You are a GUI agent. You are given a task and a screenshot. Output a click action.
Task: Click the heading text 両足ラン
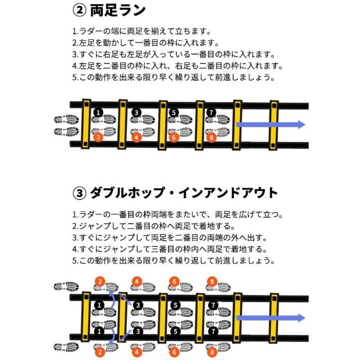click(118, 11)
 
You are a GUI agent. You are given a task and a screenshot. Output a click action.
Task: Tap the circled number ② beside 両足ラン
click(79, 11)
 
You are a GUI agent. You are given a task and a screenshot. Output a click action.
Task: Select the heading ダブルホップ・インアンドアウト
click(184, 193)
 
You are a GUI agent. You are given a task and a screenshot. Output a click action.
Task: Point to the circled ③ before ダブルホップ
click(79, 193)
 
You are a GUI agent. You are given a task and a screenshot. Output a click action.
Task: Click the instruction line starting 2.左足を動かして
click(146, 43)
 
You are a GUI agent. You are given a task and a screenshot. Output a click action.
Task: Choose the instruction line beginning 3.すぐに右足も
click(174, 54)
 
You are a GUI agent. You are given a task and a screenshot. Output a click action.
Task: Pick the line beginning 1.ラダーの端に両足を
click(142, 31)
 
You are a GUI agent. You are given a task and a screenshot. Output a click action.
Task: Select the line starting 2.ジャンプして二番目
click(154, 226)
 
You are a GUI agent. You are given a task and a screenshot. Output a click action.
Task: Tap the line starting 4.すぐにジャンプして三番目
click(170, 249)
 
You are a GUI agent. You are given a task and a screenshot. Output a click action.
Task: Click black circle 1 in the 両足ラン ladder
click(99, 113)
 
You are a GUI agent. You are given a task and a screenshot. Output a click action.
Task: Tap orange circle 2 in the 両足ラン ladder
click(98, 137)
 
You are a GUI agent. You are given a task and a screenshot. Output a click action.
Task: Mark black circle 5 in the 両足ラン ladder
click(174, 113)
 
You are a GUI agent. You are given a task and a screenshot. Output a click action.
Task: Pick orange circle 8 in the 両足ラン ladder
click(211, 137)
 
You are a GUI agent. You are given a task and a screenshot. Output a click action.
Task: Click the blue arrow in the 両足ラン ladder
click(271, 124)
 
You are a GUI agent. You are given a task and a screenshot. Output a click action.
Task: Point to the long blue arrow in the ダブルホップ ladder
click(271, 318)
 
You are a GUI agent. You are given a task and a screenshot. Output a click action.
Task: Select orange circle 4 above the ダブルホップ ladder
click(137, 281)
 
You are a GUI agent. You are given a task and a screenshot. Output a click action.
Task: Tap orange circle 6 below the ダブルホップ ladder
click(175, 352)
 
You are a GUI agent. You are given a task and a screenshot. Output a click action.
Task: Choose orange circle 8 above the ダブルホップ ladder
click(212, 281)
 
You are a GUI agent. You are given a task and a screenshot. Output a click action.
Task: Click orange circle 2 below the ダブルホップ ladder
click(100, 352)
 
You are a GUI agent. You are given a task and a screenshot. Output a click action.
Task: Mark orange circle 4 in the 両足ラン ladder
click(137, 137)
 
